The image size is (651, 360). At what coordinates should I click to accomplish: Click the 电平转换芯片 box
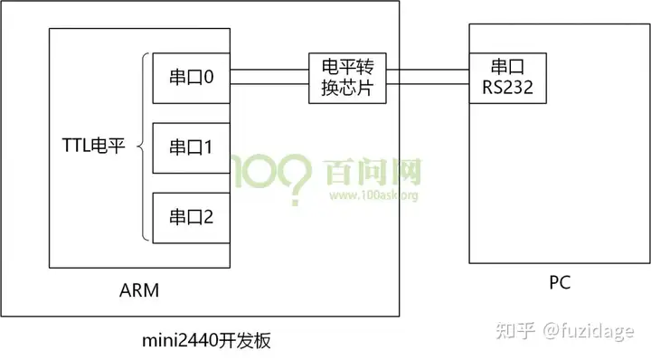pyautogui.click(x=347, y=78)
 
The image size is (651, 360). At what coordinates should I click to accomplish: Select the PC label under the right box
pyautogui.click(x=560, y=284)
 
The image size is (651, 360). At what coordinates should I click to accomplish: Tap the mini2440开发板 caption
pyautogui.click(x=207, y=340)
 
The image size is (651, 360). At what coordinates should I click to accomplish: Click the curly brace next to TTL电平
pyautogui.click(x=142, y=147)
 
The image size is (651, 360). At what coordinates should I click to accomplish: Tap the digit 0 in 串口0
pyautogui.click(x=209, y=78)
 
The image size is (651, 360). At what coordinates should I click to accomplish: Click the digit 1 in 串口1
pyautogui.click(x=208, y=147)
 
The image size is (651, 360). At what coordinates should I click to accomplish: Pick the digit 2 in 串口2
pyautogui.click(x=209, y=217)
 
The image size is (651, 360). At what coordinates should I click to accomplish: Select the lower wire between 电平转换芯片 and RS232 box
pyautogui.click(x=428, y=86)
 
